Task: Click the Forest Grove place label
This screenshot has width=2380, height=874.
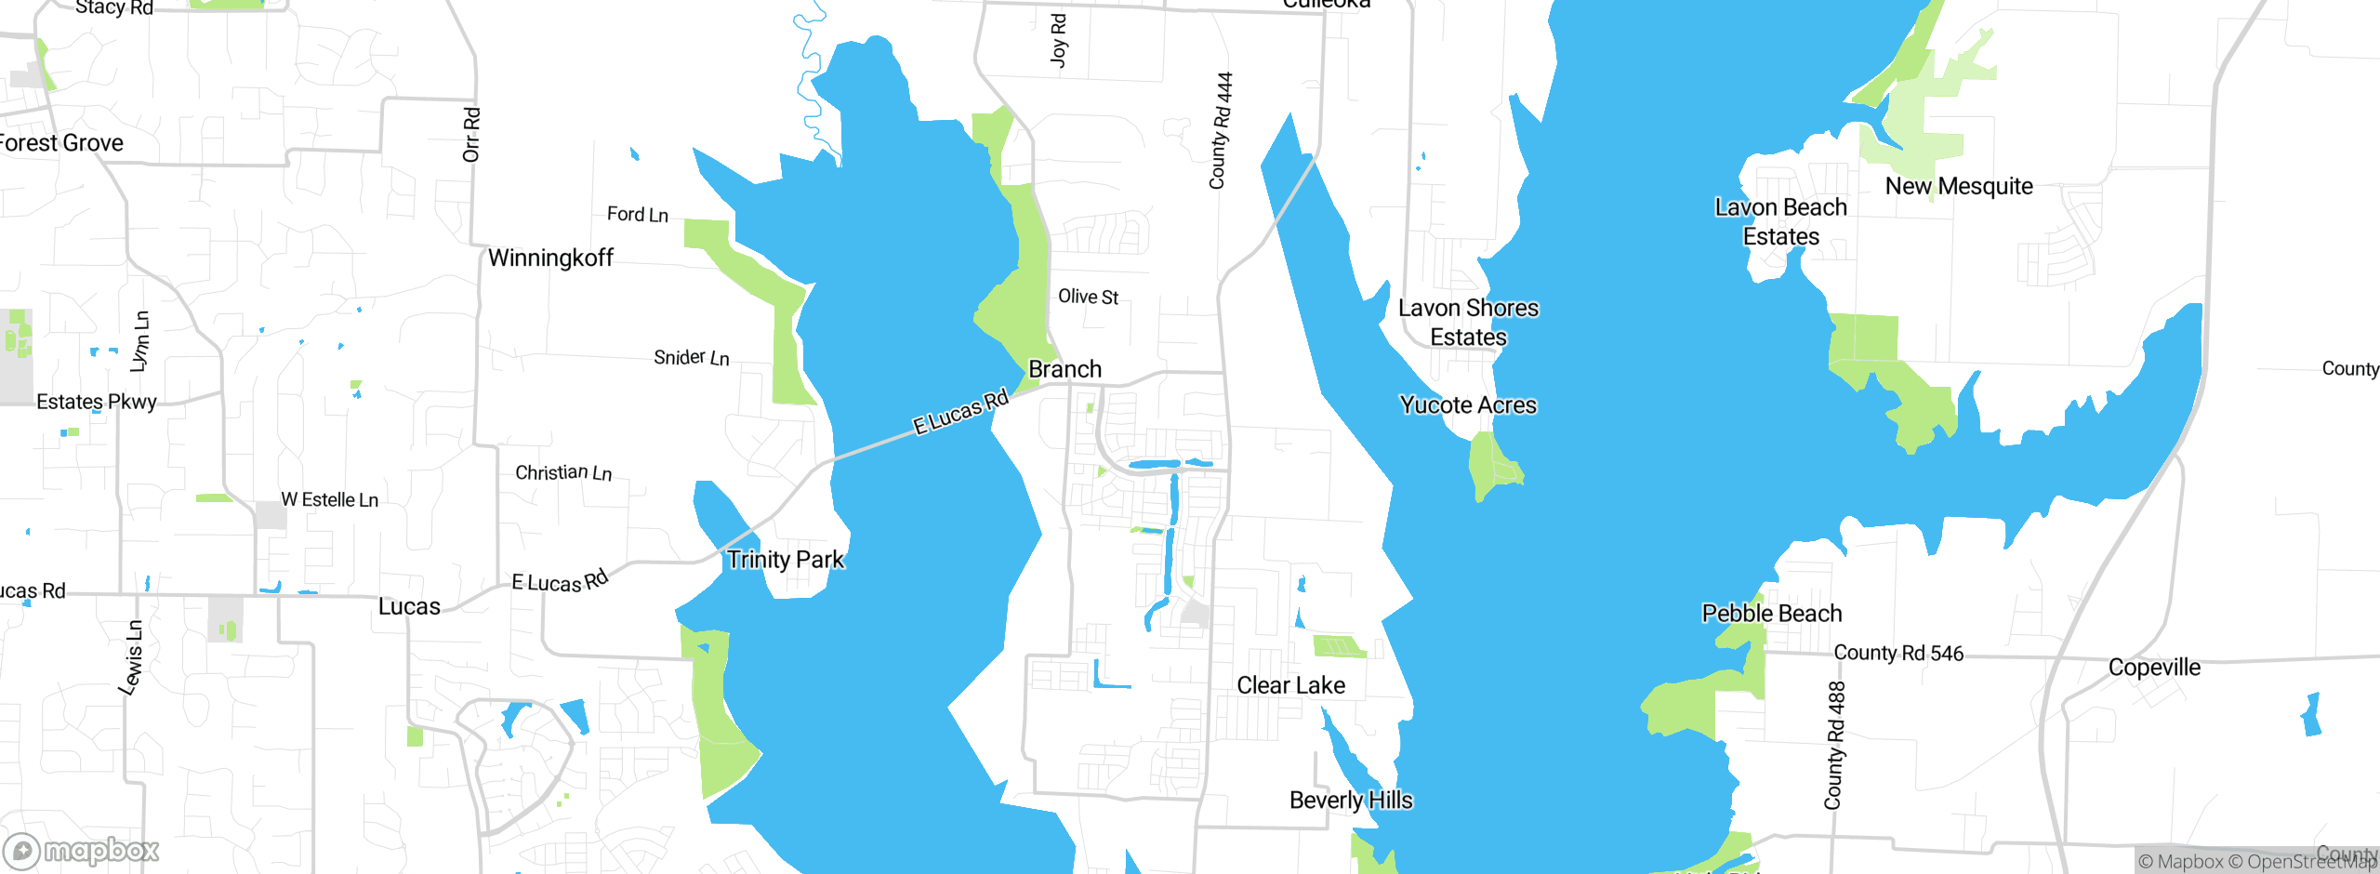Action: pos(61,143)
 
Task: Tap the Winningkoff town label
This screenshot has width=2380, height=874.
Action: pos(550,258)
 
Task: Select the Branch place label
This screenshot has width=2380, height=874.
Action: pos(1064,369)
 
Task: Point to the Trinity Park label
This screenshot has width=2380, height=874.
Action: pos(786,560)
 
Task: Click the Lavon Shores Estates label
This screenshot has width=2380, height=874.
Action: pos(1468,322)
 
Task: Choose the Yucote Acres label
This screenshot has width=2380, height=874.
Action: pos(1468,405)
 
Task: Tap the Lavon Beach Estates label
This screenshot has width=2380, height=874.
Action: pos(1780,221)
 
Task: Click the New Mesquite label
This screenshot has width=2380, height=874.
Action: pos(1959,186)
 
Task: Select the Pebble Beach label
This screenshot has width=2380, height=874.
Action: pos(1771,614)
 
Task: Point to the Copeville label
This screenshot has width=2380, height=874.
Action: pos(2154,668)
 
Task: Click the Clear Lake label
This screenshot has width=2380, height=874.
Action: pos(1290,685)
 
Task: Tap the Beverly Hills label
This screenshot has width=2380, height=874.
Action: pos(1351,801)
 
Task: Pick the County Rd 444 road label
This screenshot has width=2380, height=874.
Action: pos(1221,130)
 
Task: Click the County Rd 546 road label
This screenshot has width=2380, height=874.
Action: pos(1898,653)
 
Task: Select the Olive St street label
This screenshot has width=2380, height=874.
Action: pos(1088,297)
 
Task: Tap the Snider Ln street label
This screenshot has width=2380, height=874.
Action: pos(691,358)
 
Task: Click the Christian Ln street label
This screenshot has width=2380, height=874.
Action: pos(563,473)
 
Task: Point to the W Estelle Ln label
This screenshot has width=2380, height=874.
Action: pos(329,500)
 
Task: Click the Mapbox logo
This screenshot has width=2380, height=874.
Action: pos(82,850)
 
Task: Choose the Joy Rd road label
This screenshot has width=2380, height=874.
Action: pos(1058,40)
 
